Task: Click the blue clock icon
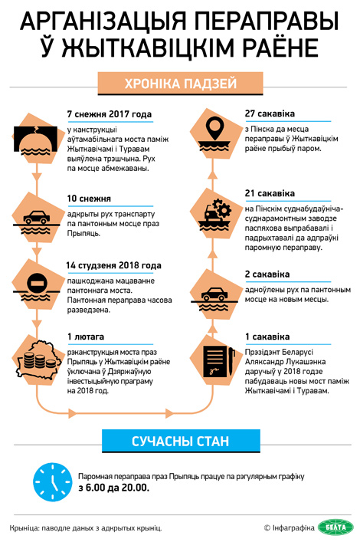tap(53, 482)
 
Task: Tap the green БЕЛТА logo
tap(335, 527)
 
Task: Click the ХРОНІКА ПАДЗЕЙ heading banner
tap(180, 84)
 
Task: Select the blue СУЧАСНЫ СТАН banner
tap(181, 441)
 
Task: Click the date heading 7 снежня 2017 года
tap(110, 114)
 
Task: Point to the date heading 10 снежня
tap(89, 199)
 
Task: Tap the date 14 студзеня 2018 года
tap(113, 265)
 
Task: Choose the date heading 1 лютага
tap(86, 337)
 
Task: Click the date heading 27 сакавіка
tap(270, 113)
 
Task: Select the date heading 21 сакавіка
tap(270, 193)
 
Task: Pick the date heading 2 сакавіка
tap(267, 274)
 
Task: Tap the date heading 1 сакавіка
tap(267, 337)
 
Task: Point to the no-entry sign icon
tap(37, 283)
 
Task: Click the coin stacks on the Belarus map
tap(40, 360)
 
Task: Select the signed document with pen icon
tap(218, 362)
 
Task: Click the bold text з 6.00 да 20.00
tap(113, 488)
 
